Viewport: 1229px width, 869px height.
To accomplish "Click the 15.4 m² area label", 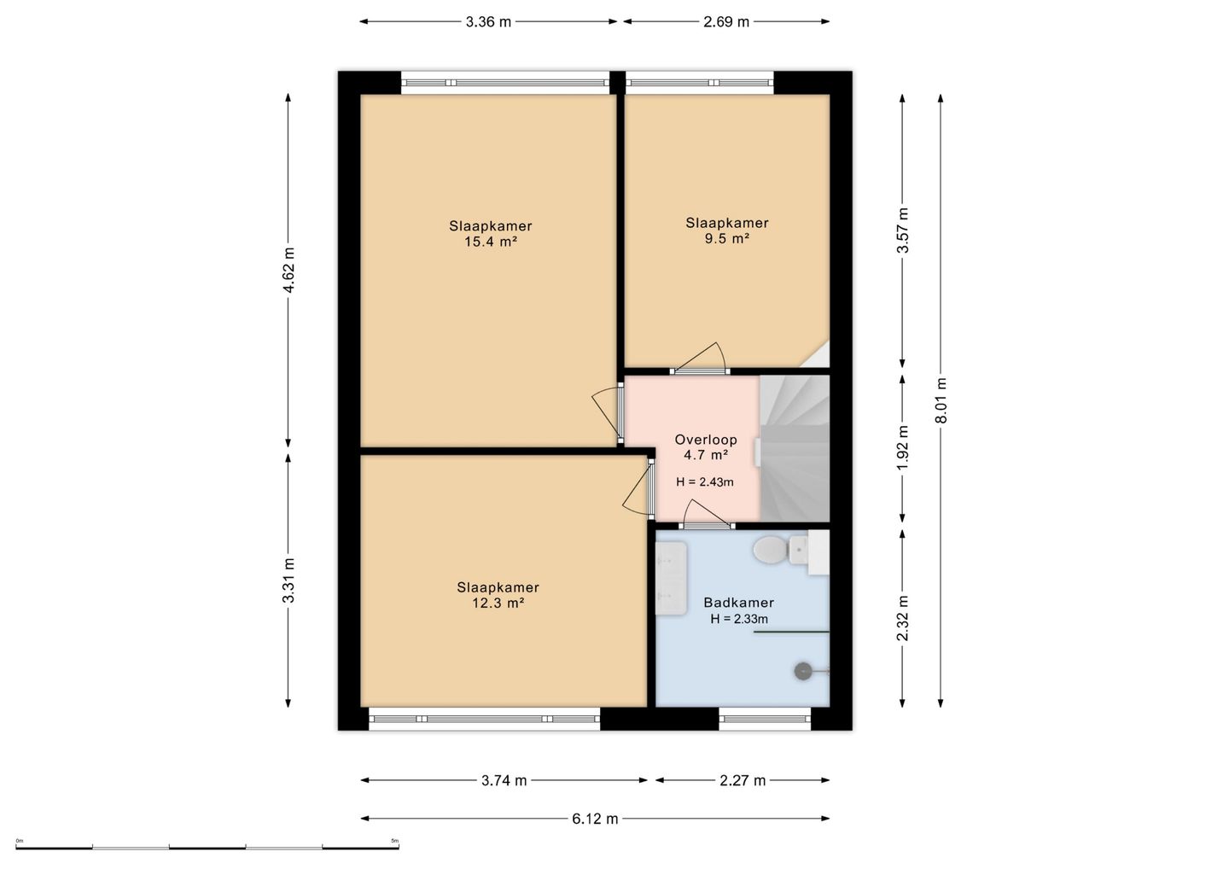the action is pos(491,242).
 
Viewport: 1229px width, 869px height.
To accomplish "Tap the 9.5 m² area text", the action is pos(727,239).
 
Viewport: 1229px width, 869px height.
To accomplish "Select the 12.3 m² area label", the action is pos(498,603).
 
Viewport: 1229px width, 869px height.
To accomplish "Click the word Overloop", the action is pos(706,440).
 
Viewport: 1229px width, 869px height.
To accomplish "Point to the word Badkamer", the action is pos(738,603).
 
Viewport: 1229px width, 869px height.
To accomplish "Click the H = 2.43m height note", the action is pos(704,482).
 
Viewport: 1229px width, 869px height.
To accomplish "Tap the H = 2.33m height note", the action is pos(739,620).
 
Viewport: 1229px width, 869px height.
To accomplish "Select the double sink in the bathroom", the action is pos(671,578).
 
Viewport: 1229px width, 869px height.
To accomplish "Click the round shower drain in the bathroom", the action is pos(803,670).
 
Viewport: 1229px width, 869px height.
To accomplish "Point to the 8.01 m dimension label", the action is pos(941,400).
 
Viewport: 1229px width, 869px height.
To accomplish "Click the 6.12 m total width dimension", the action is pos(595,819).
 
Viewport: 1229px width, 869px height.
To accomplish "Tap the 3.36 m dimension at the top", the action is pos(488,22).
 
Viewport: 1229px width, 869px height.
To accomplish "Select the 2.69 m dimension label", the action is pos(725,22).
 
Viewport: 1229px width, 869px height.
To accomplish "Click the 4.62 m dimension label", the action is pos(288,270).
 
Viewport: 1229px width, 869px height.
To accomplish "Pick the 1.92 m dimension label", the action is pos(903,447).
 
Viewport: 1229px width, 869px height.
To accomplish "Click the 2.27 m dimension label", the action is pos(743,781).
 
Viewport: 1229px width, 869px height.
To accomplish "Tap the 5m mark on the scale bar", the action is pos(394,841).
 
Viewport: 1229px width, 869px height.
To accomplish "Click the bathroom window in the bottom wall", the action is pos(765,719).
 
